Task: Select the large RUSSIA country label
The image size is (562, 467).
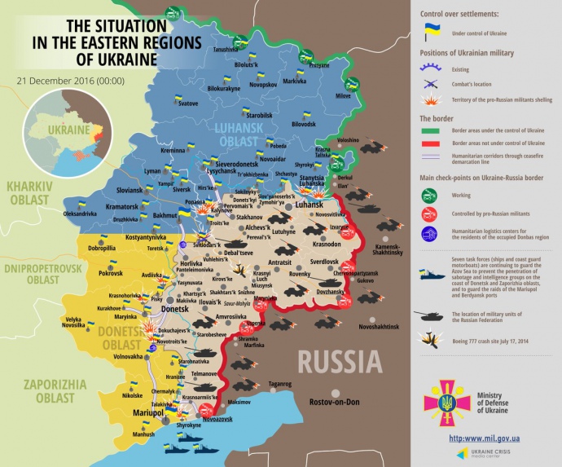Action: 339,361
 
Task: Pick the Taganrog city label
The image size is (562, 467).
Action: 279,383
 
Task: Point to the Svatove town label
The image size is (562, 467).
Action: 188,104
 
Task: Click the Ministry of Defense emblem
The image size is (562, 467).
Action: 446,399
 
